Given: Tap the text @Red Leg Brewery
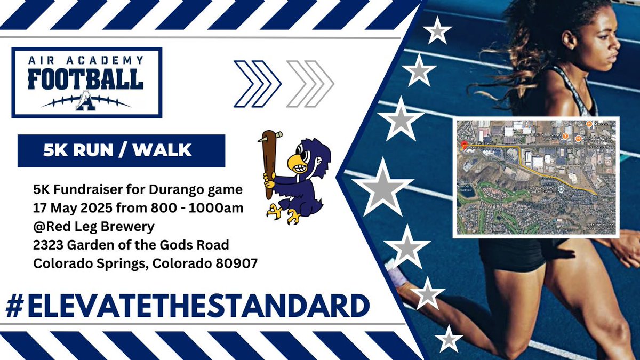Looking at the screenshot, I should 94,227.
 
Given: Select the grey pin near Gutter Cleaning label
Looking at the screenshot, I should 561,190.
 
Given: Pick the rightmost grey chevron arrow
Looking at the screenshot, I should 319,84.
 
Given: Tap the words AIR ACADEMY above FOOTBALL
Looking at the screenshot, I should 86,60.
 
